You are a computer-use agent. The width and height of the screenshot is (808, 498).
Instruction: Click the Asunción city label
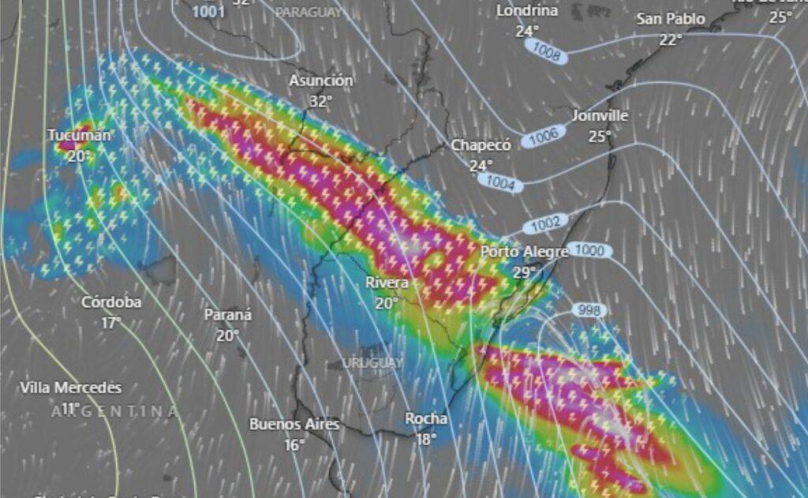pos(320,81)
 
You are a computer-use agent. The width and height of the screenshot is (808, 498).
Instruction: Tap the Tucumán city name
pos(79,135)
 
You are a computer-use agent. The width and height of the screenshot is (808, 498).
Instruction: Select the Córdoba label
pos(111,302)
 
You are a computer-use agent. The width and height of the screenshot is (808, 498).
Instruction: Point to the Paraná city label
pos(228,314)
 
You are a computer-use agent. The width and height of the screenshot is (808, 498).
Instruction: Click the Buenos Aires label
pos(294,424)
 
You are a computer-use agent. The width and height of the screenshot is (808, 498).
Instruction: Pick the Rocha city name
pos(426,418)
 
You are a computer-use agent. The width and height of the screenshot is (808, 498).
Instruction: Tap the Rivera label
pos(387,283)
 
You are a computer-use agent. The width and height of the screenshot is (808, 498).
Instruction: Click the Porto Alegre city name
pos(525,252)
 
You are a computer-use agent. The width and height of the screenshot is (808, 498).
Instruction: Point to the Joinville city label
pos(600,115)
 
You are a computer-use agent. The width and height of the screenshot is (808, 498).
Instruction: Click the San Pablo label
pos(671,18)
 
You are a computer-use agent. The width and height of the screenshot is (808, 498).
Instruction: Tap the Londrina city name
pos(527,11)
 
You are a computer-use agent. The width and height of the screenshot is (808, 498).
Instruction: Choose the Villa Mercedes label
pos(71,388)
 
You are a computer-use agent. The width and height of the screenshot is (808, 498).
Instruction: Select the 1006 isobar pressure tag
pos(544,137)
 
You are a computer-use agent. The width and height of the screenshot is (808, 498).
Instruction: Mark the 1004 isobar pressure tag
pos(501,183)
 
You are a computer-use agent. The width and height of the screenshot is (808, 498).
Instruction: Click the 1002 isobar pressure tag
pos(545,223)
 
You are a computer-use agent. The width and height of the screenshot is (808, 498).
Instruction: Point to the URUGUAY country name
pos(373,362)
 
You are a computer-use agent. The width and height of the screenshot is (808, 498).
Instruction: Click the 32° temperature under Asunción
pos(320,100)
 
